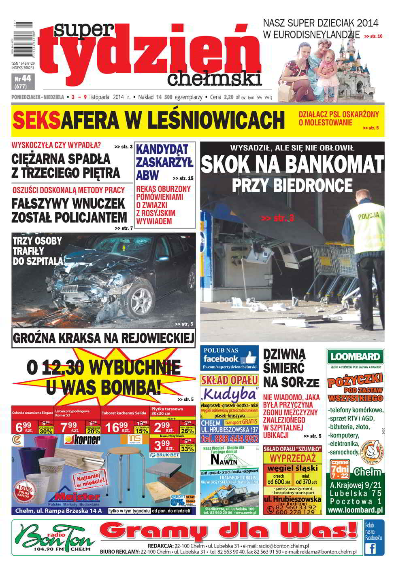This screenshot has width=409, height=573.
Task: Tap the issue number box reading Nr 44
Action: [23, 82]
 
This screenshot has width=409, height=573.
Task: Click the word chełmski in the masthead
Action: [214, 78]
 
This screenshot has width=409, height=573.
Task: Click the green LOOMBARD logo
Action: [355, 357]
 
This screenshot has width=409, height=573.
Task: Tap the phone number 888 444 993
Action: [229, 438]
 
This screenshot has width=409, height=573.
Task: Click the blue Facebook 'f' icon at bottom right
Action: [370, 548]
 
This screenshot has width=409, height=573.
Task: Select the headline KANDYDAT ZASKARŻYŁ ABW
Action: [164, 162]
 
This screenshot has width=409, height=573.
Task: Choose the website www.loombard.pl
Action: [355, 510]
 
